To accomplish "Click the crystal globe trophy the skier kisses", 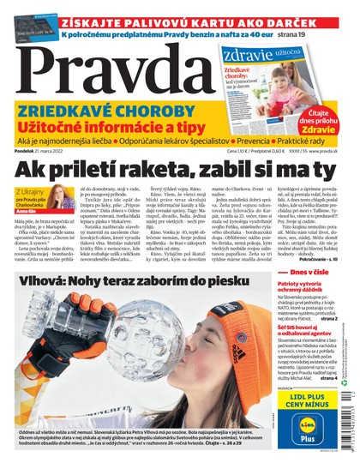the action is point(124,364).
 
